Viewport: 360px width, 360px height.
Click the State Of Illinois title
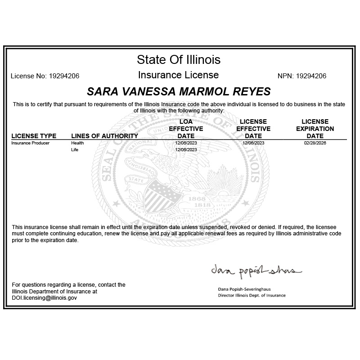click(x=179, y=59)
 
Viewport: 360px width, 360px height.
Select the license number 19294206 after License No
click(x=64, y=76)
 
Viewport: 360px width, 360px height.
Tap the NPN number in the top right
click(x=311, y=76)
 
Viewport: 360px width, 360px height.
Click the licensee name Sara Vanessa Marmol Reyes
click(x=179, y=92)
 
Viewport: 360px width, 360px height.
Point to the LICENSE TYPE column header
click(x=34, y=136)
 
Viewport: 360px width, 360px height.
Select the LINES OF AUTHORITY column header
click(x=104, y=136)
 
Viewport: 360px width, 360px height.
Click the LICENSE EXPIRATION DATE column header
click(x=315, y=129)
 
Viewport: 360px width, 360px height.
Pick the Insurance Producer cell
click(x=31, y=143)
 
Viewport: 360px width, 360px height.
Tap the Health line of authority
click(x=77, y=143)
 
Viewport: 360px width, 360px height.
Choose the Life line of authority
click(x=75, y=149)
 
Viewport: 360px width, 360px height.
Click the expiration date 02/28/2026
click(x=315, y=143)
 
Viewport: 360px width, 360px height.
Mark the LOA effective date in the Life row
click(x=186, y=149)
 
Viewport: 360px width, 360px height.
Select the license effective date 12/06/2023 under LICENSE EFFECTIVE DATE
click(x=253, y=143)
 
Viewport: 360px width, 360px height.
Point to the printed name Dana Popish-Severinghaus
click(x=243, y=289)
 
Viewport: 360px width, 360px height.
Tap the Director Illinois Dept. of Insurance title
click(x=252, y=296)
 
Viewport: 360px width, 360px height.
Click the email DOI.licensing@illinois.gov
click(x=45, y=298)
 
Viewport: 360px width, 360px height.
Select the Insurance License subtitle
click(x=179, y=75)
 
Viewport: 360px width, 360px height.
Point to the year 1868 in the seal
click(x=197, y=198)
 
